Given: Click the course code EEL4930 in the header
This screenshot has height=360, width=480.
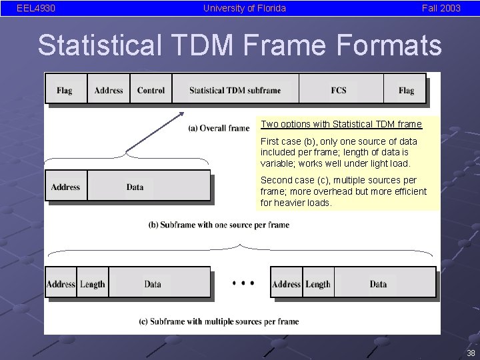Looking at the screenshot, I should click(x=36, y=9).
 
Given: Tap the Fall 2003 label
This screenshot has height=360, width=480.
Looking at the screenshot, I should click(x=441, y=9).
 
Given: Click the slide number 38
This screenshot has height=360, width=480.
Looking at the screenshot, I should click(x=471, y=353).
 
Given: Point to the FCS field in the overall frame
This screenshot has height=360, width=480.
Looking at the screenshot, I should click(x=339, y=90).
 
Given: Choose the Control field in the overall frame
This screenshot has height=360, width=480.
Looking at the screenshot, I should click(x=151, y=90).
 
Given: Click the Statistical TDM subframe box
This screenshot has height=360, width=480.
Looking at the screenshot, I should click(x=235, y=90).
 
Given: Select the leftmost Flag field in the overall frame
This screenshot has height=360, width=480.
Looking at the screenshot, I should click(x=65, y=90).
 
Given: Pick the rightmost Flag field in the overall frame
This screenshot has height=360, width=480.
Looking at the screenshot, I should click(x=406, y=90).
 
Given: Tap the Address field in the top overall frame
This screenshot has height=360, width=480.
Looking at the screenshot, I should click(x=109, y=90).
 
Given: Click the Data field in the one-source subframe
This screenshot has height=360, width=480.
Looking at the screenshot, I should click(x=135, y=187).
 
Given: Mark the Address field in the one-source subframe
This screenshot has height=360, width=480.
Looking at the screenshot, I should click(x=65, y=187).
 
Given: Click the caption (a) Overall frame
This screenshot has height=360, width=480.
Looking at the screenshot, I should click(x=219, y=128).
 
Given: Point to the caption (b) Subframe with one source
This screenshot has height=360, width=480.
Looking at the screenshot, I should click(x=219, y=225).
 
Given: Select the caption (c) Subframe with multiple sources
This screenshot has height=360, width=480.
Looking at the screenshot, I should click(x=219, y=321).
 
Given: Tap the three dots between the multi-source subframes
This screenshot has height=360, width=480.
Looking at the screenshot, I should click(x=243, y=283).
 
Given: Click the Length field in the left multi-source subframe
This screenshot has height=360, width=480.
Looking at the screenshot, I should click(x=93, y=284).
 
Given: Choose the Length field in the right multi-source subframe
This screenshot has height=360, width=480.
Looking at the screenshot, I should click(x=318, y=284).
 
